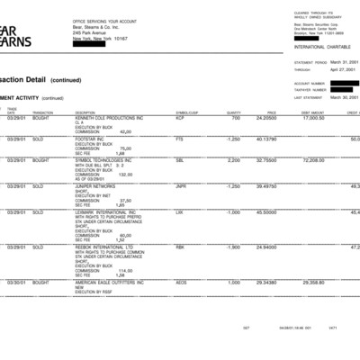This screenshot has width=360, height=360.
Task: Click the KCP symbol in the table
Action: click(x=180, y=118)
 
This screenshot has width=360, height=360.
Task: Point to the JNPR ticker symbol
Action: click(x=181, y=186)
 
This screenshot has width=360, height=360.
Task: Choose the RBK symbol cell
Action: click(x=180, y=247)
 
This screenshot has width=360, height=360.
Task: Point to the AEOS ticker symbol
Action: click(x=181, y=282)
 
